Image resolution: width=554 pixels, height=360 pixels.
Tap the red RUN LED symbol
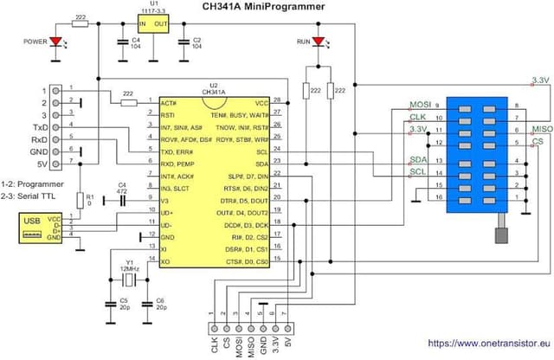click(318, 41)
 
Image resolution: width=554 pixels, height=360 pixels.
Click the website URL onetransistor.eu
click(488, 343)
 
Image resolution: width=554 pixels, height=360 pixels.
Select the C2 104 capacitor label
click(196, 43)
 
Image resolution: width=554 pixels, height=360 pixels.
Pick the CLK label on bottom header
click(213, 344)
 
